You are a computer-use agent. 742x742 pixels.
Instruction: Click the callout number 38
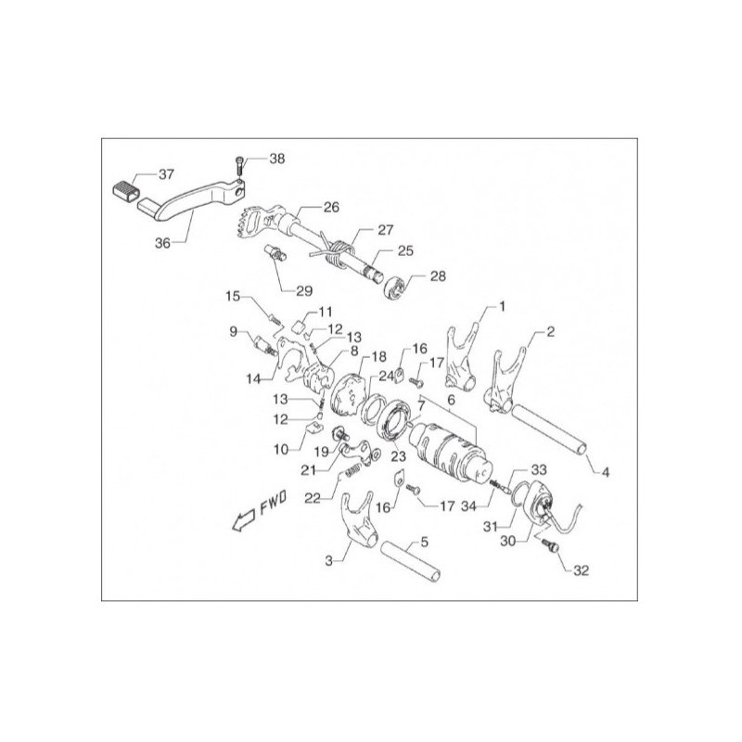(276, 159)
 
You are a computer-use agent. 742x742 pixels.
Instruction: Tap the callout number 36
(162, 243)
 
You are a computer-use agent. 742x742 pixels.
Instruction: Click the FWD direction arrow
(243, 520)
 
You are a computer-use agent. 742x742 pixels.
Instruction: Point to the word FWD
(273, 502)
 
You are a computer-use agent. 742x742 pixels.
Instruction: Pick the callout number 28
(438, 275)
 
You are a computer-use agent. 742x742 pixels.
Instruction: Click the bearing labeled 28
(395, 288)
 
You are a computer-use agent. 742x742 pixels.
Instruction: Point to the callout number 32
(582, 570)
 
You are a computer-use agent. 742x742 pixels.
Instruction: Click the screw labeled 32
(551, 545)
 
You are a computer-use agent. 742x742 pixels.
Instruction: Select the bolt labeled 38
(239, 167)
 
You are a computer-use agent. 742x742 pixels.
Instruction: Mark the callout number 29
(304, 290)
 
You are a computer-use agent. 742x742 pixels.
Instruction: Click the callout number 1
(502, 307)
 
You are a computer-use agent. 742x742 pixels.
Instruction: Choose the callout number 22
(313, 498)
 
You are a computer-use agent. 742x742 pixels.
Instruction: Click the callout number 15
(233, 296)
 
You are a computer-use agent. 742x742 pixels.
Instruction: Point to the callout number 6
(451, 400)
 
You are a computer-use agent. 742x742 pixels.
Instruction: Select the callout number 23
(399, 456)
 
